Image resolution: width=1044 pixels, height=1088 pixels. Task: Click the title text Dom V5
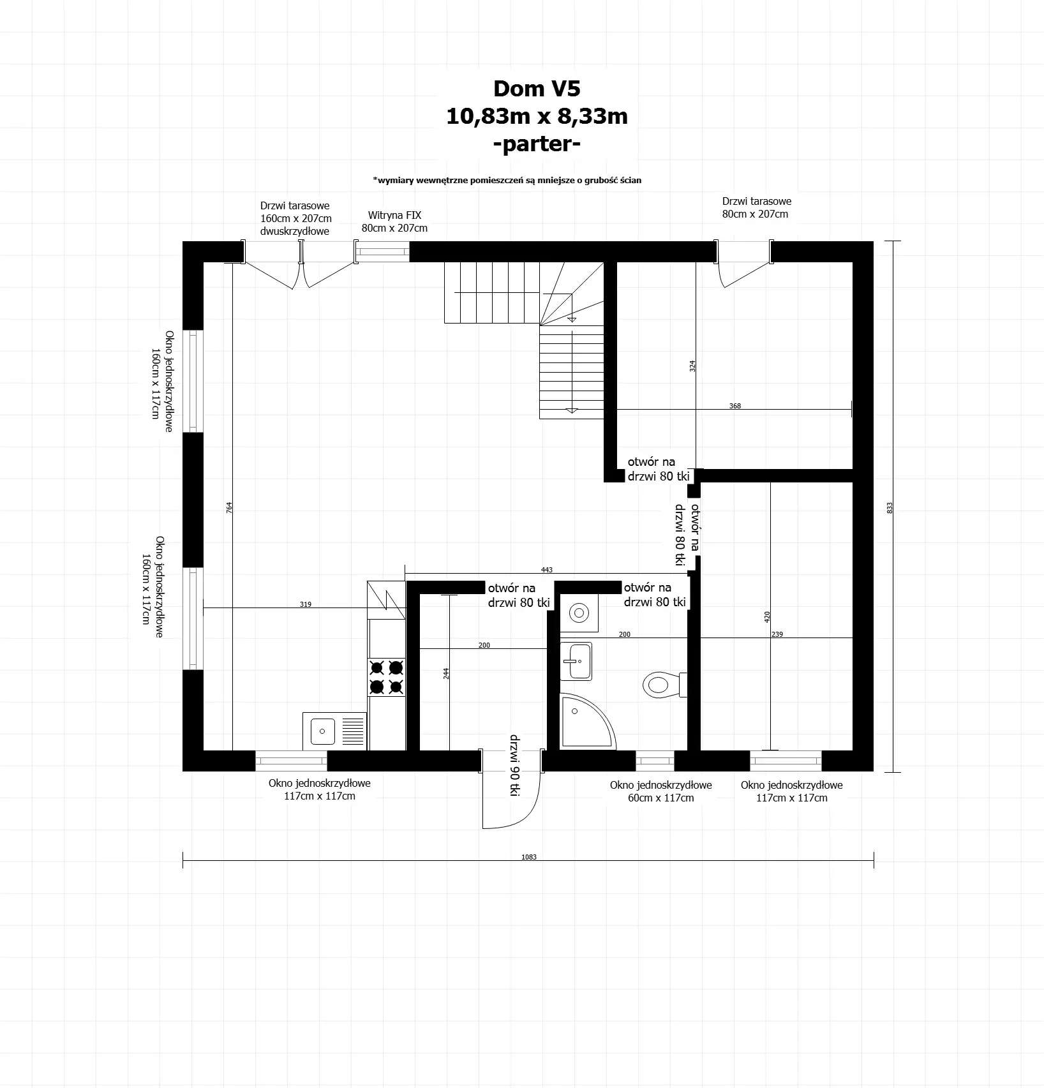click(x=537, y=89)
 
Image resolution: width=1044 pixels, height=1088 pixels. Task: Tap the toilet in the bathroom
click(x=662, y=685)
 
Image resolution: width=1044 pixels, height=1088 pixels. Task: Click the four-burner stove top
click(x=387, y=677)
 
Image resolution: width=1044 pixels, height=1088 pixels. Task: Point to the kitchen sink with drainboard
click(x=335, y=731)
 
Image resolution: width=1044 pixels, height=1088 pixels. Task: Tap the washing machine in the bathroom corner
click(x=579, y=613)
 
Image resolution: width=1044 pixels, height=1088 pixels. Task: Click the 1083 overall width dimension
click(x=528, y=857)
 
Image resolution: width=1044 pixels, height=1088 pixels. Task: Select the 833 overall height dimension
click(x=890, y=507)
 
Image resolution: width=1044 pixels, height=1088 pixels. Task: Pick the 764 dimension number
click(x=229, y=507)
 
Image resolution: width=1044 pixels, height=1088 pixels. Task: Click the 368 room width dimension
click(x=735, y=406)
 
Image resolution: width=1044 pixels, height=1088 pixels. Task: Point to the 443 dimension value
click(x=546, y=570)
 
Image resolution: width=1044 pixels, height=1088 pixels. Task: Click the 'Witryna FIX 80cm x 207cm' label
click(x=394, y=222)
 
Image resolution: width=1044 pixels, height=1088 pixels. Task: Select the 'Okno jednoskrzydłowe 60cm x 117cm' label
click(x=660, y=791)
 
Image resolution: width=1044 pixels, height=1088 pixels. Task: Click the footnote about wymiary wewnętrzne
click(x=507, y=181)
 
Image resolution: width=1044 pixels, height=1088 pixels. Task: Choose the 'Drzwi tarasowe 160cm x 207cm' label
click(x=295, y=218)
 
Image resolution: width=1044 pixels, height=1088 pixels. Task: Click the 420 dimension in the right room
click(x=767, y=616)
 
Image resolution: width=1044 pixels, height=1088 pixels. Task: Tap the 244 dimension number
click(x=446, y=673)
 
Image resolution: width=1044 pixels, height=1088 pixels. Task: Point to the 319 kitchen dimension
click(x=306, y=604)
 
